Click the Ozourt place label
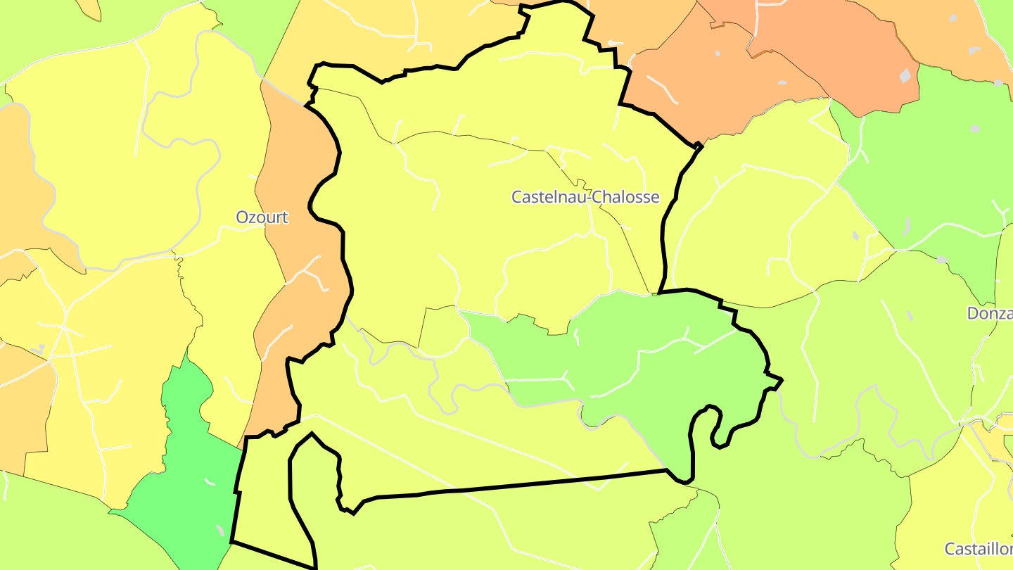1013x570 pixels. (x=262, y=217)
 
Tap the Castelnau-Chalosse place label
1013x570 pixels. (x=585, y=197)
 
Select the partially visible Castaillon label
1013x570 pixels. (x=979, y=549)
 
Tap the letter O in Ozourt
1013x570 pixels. (x=242, y=217)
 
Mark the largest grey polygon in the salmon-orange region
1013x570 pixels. (x=905, y=75)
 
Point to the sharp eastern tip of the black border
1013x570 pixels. (x=782, y=381)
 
